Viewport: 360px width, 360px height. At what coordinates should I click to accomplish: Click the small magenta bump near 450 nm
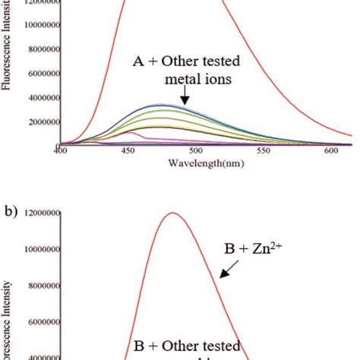coord(131,133)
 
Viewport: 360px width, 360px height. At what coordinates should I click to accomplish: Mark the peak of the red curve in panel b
coord(174,213)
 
